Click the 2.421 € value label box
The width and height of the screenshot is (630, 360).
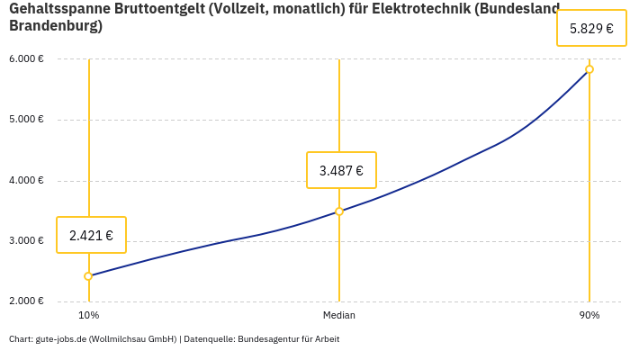tap(91, 236)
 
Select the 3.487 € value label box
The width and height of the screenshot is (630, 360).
tap(341, 170)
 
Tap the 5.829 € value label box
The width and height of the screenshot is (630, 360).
tap(591, 28)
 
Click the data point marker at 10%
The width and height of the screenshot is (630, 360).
tap(88, 276)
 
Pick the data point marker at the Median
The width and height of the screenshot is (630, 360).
tap(339, 211)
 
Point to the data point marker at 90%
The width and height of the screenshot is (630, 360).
tap(589, 69)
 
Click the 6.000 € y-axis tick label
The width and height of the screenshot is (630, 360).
tap(26, 59)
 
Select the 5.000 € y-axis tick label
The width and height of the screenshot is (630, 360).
tap(26, 120)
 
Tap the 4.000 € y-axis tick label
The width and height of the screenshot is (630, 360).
tap(26, 181)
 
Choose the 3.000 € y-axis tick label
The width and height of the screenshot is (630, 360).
tap(26, 241)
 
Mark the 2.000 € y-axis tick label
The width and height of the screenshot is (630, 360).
tap(26, 301)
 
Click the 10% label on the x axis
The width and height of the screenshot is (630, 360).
tap(88, 316)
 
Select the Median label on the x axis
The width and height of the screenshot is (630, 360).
tap(339, 316)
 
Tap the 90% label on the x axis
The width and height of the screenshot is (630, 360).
tap(589, 316)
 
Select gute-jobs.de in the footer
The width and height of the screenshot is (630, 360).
tap(60, 339)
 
